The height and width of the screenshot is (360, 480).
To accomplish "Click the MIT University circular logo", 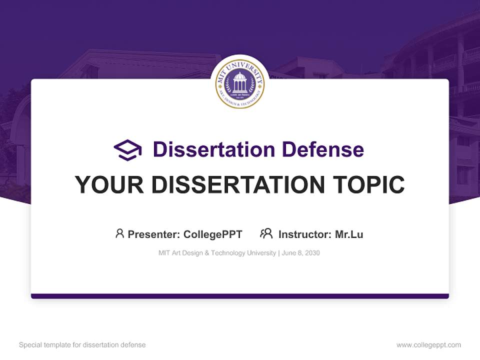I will tap(240, 83).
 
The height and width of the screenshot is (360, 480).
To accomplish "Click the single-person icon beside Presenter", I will tap(119, 233).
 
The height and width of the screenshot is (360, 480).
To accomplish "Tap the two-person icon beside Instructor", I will tap(266, 233).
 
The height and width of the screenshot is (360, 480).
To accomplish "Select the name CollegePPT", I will tap(212, 234).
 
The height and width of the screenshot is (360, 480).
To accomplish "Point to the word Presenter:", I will tap(154, 234).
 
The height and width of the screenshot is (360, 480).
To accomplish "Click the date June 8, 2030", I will tap(300, 253).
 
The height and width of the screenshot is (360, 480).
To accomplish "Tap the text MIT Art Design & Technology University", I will tap(217, 253).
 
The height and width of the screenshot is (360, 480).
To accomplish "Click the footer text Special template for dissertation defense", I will tap(82, 345).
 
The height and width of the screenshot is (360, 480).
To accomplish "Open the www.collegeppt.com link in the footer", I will tap(428, 345).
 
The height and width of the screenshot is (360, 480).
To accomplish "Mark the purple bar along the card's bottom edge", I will tap(240, 296).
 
